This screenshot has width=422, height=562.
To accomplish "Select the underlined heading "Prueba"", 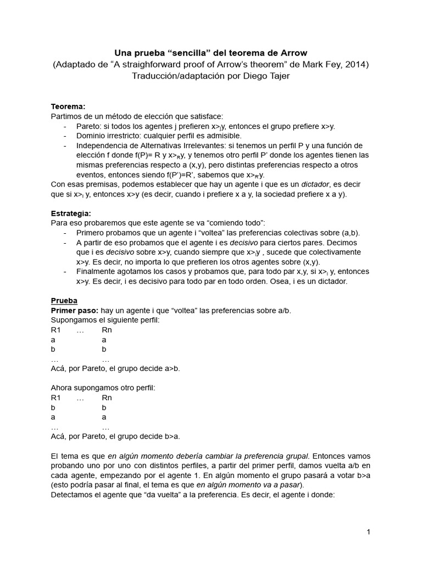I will pos(64,301).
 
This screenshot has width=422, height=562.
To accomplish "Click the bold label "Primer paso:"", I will pos(74,311).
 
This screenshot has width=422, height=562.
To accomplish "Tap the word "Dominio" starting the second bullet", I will pos(92,136).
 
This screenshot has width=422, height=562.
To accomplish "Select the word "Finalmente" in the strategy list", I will pos(97,272).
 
